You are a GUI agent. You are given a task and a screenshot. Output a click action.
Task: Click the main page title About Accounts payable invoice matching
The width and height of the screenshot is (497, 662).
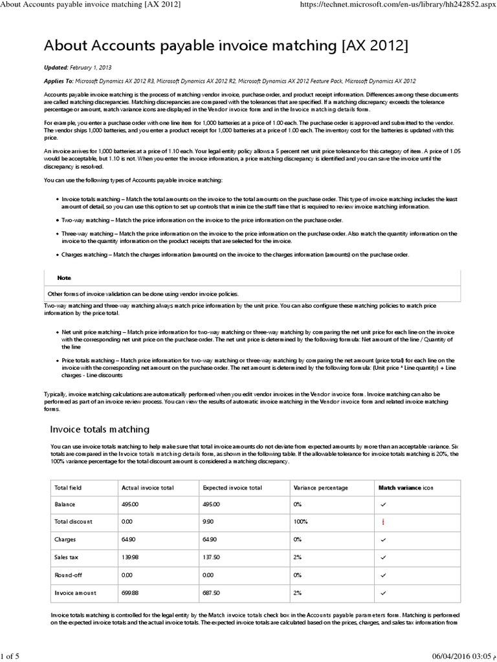coord(226,47)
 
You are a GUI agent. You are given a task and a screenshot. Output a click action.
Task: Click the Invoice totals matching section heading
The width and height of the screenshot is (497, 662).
coord(100,429)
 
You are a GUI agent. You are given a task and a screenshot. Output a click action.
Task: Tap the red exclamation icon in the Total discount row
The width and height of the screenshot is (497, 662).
coord(383,522)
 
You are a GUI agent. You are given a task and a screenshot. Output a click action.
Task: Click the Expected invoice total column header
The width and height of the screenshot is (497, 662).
coord(232,487)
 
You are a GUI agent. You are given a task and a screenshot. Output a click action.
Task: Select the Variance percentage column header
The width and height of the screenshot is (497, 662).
coord(320,487)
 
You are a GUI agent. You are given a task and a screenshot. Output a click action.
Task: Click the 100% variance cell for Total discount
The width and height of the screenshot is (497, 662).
coord(301,522)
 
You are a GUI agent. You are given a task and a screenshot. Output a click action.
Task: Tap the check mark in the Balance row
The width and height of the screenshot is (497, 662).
coord(383,504)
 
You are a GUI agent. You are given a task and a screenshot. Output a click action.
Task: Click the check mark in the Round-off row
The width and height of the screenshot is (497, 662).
coord(383,573)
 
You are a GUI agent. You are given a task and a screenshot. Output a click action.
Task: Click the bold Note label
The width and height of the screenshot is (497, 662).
coord(64,277)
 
